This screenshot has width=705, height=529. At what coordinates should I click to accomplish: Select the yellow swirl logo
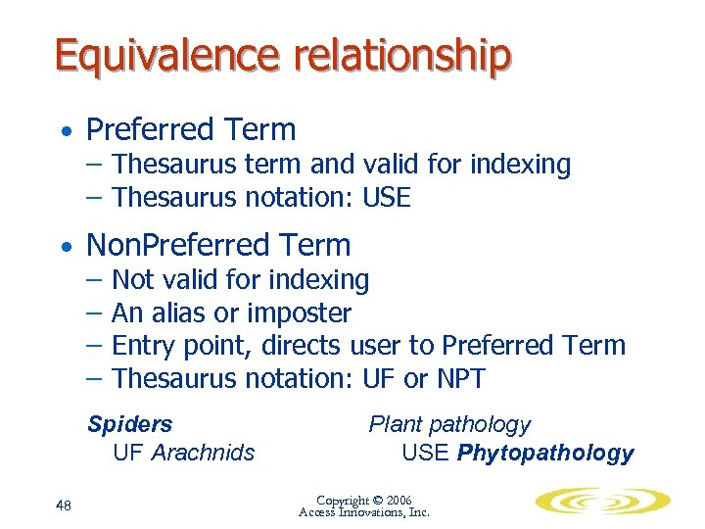(602, 502)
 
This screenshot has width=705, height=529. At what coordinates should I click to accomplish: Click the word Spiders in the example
(129, 424)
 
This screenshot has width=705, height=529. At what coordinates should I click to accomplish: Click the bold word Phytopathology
(545, 454)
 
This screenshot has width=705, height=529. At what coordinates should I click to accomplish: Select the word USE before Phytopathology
(426, 454)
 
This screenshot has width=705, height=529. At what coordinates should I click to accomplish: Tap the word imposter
(302, 313)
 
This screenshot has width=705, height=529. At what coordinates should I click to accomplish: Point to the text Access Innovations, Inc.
(364, 512)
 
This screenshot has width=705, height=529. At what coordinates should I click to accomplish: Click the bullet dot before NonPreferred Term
(64, 246)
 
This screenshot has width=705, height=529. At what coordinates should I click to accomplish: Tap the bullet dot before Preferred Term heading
(64, 131)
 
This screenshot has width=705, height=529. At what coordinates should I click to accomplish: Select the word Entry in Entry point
(143, 346)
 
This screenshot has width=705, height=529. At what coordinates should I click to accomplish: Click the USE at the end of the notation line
(386, 198)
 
